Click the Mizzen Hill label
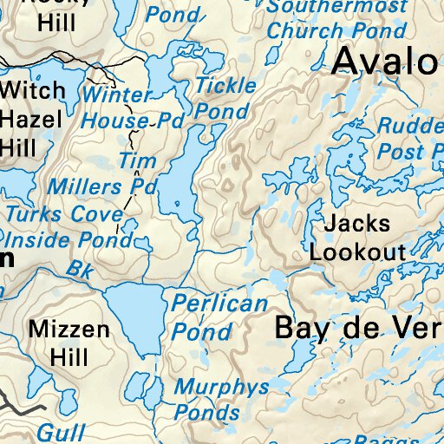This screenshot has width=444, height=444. (x=69, y=343)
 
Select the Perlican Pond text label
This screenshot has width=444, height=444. (x=219, y=317)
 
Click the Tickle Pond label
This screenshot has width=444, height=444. (x=225, y=98)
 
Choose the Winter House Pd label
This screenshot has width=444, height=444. (x=132, y=108)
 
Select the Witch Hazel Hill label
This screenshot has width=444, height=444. (x=31, y=119)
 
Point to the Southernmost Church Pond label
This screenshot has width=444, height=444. (x=336, y=18)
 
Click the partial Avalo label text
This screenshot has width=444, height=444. (x=385, y=61)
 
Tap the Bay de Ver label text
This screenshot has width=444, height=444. (x=357, y=328)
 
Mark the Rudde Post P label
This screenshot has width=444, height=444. (x=409, y=139)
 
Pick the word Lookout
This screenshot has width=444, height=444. (x=357, y=252)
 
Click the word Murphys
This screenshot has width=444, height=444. (x=222, y=388)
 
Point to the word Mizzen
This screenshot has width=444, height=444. (x=69, y=330)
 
